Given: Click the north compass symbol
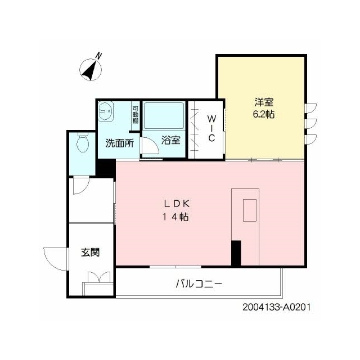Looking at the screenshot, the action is click(91, 70).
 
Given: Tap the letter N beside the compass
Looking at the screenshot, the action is click(99, 56).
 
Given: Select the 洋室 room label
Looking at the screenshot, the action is click(264, 102).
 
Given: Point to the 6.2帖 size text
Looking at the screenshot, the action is click(264, 114).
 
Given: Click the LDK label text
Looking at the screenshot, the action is click(176, 204).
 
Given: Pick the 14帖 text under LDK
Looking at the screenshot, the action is click(176, 217).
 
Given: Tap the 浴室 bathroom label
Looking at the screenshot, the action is click(171, 140).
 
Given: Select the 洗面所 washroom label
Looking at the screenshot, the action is click(119, 143).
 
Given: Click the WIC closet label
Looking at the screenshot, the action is click(211, 128).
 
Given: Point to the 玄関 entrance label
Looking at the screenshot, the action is click(91, 253).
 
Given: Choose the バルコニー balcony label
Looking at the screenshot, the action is click(199, 284).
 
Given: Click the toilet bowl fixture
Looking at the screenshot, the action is click(83, 142).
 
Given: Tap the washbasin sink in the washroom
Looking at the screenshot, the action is click(106, 111).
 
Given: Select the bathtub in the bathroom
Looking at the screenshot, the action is click(164, 116).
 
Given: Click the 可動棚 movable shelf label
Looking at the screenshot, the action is click(136, 115).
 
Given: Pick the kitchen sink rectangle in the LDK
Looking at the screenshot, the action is click(250, 210).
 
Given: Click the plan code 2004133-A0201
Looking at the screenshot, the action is click(277, 307).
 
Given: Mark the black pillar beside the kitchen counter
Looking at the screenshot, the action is click(236, 253).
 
